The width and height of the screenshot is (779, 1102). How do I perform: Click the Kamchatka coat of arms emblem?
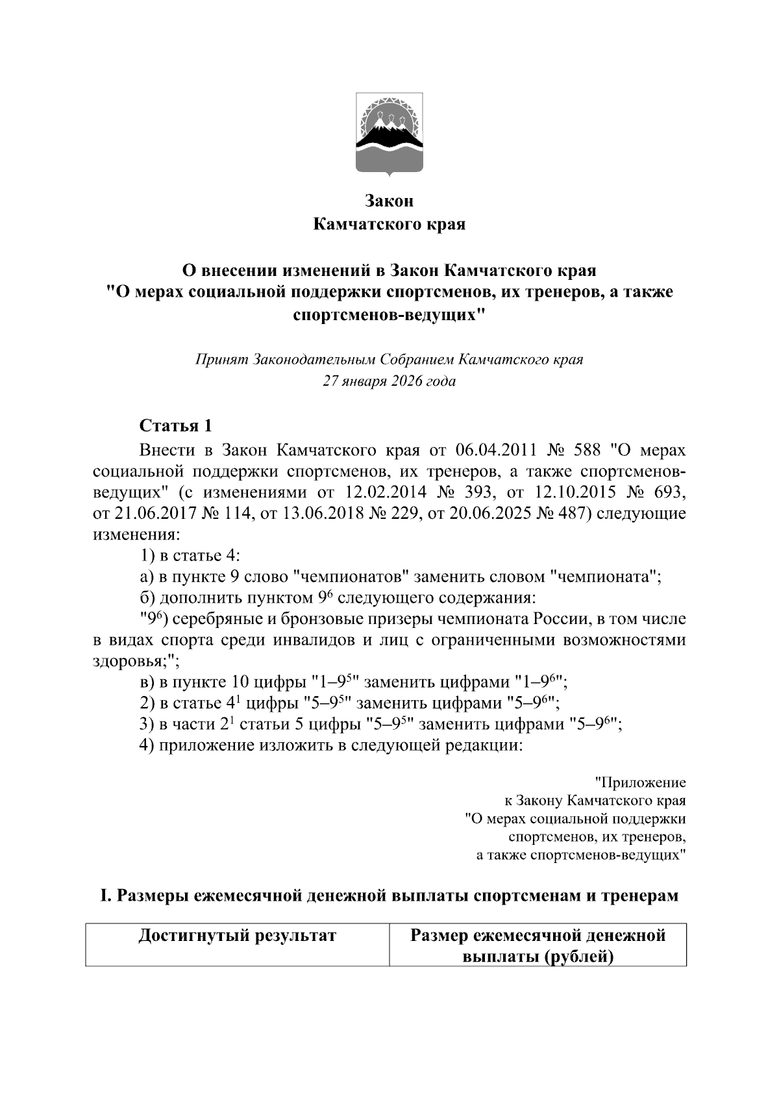389,135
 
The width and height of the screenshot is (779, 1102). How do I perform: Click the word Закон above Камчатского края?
389,201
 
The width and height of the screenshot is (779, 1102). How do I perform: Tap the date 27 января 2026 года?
389,381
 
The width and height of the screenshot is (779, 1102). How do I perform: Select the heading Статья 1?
175,426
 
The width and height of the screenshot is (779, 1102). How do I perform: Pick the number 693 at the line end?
669,492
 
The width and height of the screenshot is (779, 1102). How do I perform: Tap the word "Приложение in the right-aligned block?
639,783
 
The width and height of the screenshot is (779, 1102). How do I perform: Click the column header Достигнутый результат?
237,936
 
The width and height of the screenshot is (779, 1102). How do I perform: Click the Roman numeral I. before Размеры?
104,895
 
